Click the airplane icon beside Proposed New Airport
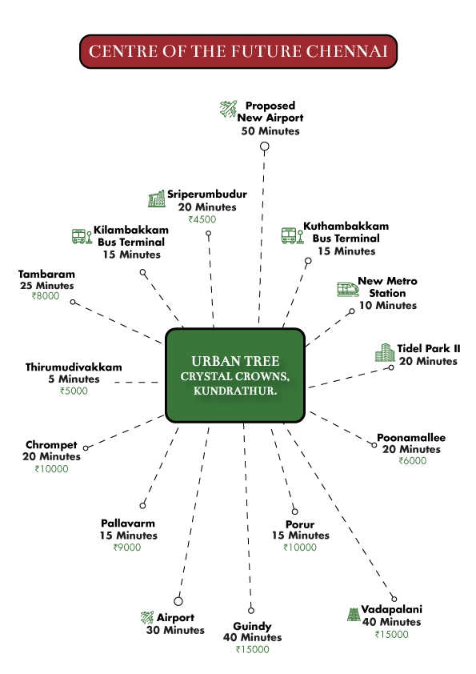tap(228, 109)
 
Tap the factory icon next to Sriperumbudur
tap(156, 199)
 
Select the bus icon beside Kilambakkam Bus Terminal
tap(82, 236)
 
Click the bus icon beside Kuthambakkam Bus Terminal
tap(292, 235)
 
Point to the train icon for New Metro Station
tap(348, 289)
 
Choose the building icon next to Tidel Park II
tap(385, 352)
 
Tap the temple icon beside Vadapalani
tap(354, 614)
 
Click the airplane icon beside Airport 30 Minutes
tap(147, 618)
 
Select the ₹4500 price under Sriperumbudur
tap(202, 219)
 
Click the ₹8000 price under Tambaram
tap(46, 295)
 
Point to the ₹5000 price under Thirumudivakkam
tap(74, 391)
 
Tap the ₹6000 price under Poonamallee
tap(413, 461)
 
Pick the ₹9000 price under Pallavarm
tap(127, 548)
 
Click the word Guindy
tap(252, 626)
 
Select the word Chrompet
tap(51, 444)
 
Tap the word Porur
tap(300, 524)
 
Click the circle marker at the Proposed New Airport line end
tap(265, 146)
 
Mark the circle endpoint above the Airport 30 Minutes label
tap(178, 601)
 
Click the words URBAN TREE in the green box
tap(235, 361)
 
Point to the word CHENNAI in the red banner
tap(346, 51)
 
